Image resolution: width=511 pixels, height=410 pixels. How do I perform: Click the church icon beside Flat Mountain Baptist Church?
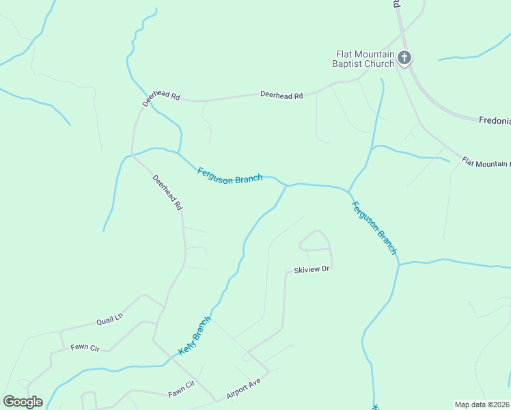[404, 57]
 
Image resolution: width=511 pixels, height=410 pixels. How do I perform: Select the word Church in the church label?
[379, 64]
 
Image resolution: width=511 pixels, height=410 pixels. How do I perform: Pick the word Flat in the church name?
[344, 54]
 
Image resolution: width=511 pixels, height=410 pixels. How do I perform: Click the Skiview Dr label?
[312, 270]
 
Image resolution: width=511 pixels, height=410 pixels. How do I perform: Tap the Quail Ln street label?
[109, 318]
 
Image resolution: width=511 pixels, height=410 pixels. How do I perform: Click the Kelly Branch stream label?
[195, 335]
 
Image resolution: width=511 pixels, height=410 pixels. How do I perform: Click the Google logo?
[23, 402]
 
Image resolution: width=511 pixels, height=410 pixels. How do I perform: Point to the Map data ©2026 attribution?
[482, 405]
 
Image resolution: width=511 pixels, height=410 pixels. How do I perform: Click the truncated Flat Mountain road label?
[486, 162]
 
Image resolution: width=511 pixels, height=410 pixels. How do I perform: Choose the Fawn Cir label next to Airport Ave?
[182, 389]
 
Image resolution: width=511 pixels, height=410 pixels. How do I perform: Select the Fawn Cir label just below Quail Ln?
[85, 348]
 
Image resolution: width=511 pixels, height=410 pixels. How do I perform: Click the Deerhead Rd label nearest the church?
[281, 96]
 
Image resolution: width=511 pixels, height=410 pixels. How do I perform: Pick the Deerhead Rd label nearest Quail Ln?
[167, 193]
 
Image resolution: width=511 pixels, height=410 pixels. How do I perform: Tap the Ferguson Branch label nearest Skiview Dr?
[374, 228]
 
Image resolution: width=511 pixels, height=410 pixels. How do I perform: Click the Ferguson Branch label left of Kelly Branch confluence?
[230, 176]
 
